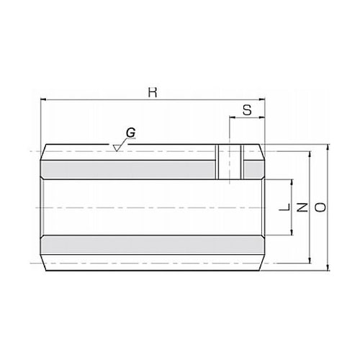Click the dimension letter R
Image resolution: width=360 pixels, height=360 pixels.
(153, 93)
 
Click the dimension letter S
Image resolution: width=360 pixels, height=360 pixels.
(247, 111)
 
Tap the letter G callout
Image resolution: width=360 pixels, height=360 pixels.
(131, 132)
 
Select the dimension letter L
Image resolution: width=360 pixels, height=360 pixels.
(285, 207)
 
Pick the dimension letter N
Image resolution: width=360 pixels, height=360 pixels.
(302, 207)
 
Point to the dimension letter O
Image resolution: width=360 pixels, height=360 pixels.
(320, 207)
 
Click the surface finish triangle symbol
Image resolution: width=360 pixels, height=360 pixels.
(117, 148)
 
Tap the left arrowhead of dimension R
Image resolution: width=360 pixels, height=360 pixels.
(43, 99)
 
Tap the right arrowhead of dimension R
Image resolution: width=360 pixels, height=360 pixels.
(261, 99)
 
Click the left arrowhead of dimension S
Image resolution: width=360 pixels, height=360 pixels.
(233, 117)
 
